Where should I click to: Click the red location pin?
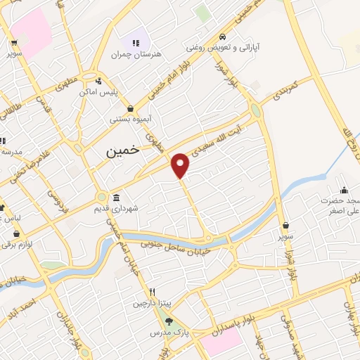pos(181,165)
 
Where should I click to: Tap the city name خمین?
pos(123,150)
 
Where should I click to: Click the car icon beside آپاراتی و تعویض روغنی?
pos(222,37)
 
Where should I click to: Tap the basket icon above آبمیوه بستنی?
pos(131,108)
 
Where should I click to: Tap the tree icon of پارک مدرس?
pos(167,321)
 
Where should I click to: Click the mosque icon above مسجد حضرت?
pos(344,190)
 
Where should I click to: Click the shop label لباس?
pos(10,218)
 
